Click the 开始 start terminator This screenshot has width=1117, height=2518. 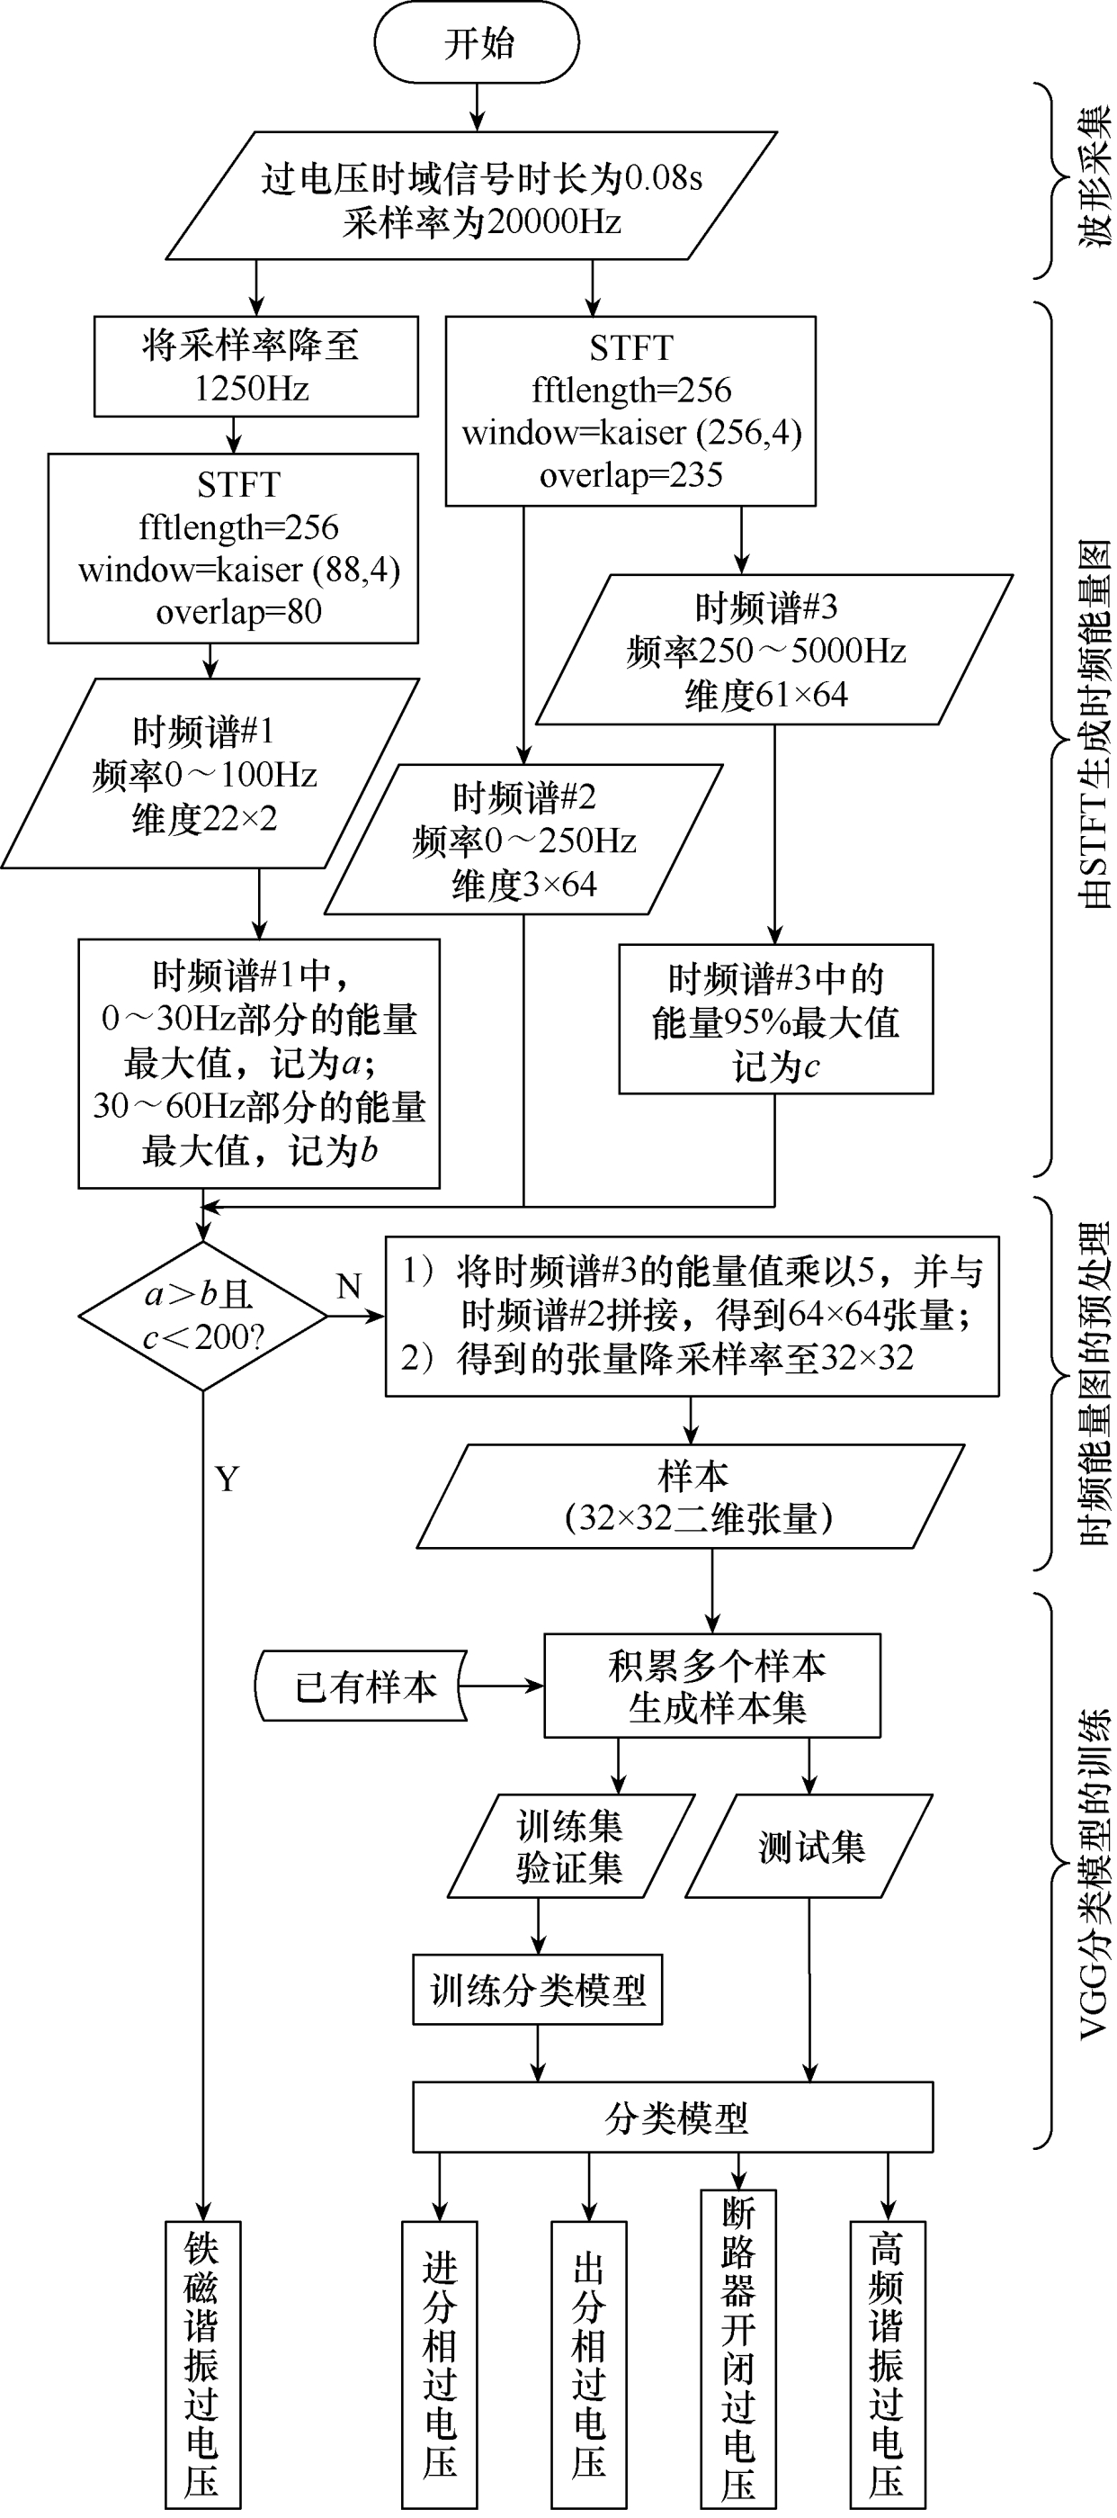pyautogui.click(x=477, y=43)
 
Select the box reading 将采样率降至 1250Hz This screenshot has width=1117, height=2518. pyautogui.click(x=255, y=366)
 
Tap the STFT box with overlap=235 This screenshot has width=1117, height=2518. pyautogui.click(x=630, y=410)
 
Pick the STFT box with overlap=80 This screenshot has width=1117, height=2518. pyautogui.click(x=234, y=548)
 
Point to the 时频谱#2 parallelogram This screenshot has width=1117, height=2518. pyautogui.click(x=523, y=840)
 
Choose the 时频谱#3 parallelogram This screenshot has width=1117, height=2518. pyautogui.click(x=772, y=650)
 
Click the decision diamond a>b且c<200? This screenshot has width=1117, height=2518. pyautogui.click(x=202, y=1316)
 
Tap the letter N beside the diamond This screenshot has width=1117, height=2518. pyautogui.click(x=349, y=1286)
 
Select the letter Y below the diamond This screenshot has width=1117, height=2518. pyautogui.click(x=227, y=1479)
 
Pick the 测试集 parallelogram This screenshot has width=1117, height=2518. pyautogui.click(x=810, y=1847)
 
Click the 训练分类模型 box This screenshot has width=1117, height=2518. pyautogui.click(x=538, y=1989)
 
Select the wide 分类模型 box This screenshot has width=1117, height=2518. pyautogui.click(x=673, y=2118)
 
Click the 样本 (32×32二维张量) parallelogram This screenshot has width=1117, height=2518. pyautogui.click(x=692, y=1497)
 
